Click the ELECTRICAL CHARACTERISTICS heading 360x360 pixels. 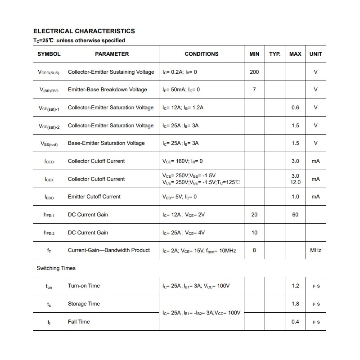pos(84,31)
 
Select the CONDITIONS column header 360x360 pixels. pos(202,54)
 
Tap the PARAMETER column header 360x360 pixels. pos(112,54)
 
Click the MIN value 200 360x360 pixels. pos(254,72)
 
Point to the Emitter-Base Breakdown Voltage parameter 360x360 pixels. pos(108,90)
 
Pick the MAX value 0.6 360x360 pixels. pos(295,108)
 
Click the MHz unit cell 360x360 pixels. pos(316,250)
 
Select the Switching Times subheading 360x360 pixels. pos(56,268)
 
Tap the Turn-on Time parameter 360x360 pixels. pos(84,286)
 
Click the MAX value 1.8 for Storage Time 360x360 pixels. pos(295,304)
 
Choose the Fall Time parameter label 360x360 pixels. pos(79,322)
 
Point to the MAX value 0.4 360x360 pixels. pos(295,322)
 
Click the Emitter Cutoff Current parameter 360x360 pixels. pos(94,197)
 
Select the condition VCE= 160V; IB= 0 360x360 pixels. pos(183,161)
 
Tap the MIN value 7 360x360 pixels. pos(254,90)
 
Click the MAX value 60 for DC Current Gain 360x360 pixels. pos(295,215)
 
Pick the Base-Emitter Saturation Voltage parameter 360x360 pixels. pos(106,143)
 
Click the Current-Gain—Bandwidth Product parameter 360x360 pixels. pos(109,250)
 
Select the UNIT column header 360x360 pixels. pos(316,54)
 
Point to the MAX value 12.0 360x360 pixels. pos(295,182)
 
